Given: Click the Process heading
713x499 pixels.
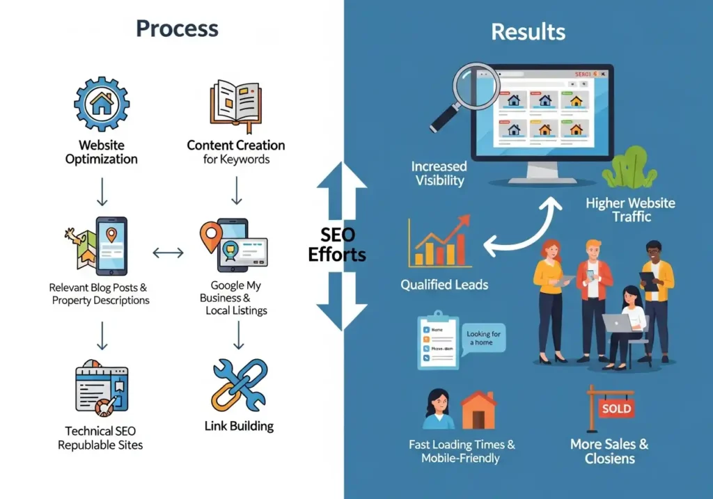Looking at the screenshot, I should coord(177,29).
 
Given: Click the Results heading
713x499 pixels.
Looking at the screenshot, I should coord(528,31).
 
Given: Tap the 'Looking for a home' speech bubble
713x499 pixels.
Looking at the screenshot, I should coord(483,338).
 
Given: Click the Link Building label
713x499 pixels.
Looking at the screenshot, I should coord(239,426).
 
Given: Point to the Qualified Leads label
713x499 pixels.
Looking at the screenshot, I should coord(444,285).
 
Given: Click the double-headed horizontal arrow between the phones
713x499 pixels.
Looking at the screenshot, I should coord(167,253).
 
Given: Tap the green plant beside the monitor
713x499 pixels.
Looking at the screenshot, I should coord(629,169).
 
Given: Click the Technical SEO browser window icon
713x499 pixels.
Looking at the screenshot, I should coord(102,388).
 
